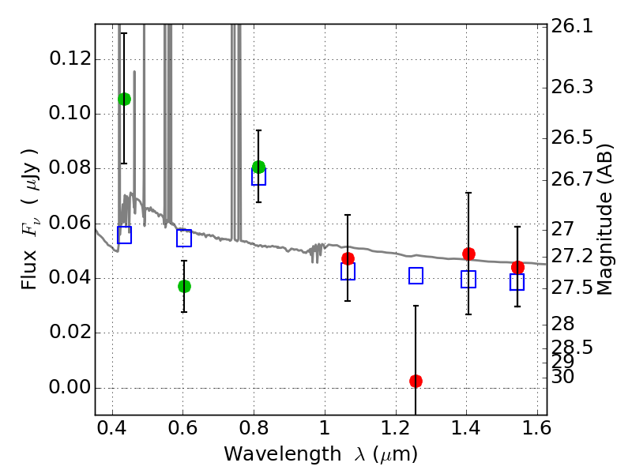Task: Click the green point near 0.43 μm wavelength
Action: tap(124, 99)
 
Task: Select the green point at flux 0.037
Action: tap(184, 286)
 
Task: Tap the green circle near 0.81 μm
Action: tap(259, 167)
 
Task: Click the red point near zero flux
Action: tap(416, 381)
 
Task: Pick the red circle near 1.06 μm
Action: tap(348, 258)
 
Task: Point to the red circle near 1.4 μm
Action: tap(468, 254)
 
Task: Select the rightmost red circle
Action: tap(517, 267)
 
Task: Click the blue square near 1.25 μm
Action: tap(416, 276)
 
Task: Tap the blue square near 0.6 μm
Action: tap(184, 239)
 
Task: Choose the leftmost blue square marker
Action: tap(124, 235)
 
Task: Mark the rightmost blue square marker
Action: tap(517, 282)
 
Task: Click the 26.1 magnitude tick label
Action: tap(572, 27)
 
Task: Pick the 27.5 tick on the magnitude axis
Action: tap(572, 288)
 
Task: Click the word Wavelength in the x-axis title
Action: tap(283, 454)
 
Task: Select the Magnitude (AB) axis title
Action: tap(604, 220)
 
